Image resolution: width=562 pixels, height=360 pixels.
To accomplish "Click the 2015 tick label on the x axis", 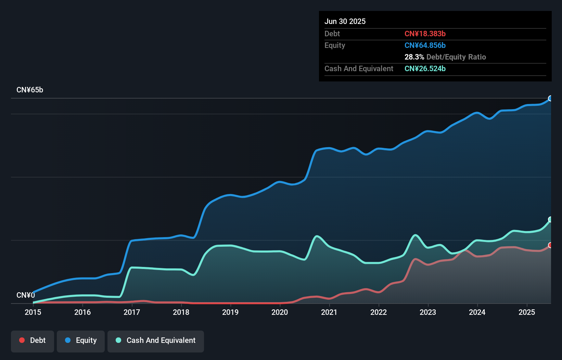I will (33, 312).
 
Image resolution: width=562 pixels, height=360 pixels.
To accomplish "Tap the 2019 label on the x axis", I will (230, 312).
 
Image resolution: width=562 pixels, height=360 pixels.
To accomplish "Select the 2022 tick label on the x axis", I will (379, 312).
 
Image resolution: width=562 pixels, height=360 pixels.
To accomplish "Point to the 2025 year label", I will (526, 312).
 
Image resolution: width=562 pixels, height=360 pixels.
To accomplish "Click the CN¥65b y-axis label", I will (30, 90).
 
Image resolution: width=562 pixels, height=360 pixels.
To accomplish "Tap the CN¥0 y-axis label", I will (26, 295).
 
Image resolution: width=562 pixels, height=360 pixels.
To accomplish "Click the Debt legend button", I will (33, 340).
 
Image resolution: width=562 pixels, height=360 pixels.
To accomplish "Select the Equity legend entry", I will (81, 340).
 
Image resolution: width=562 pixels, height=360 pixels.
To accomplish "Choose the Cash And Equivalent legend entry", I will (156, 340).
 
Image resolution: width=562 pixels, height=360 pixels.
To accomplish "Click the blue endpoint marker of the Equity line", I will (550, 99).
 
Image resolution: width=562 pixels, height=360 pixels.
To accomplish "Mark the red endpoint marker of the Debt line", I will (550, 245).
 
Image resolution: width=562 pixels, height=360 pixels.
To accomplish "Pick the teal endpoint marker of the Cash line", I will (550, 219).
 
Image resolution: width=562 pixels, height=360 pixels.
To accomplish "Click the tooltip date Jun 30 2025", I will (345, 21).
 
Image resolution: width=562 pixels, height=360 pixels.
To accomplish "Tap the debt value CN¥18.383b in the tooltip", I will (425, 34).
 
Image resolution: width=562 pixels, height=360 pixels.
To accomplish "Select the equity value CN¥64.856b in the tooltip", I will (425, 45).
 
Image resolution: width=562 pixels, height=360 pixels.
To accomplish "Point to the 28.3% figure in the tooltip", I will (414, 57).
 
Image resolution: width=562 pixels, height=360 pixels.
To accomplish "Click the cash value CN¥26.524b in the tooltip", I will (425, 68).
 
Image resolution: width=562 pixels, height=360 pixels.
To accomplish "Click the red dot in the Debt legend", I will (22, 340).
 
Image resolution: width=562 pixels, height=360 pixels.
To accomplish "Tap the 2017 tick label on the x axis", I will (132, 312).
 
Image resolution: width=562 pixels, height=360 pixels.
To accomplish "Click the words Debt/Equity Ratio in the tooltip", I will (456, 57).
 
